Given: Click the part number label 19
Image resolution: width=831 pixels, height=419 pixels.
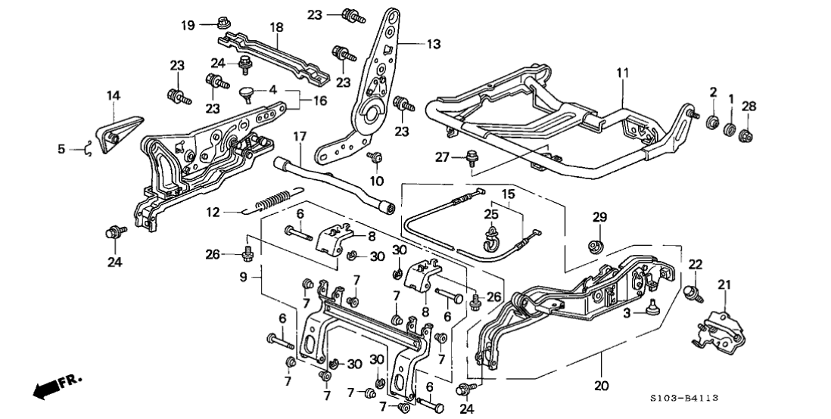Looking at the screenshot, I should (188, 25).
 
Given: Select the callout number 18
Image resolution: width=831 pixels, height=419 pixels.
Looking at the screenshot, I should (277, 27).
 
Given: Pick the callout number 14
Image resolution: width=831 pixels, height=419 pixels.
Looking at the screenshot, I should (113, 95).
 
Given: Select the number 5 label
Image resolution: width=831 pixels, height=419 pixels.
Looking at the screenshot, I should (61, 149).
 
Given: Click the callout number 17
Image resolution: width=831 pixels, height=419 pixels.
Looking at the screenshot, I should (299, 138).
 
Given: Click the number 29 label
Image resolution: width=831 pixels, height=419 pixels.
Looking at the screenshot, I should (599, 218).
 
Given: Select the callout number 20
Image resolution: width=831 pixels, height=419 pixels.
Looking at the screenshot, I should (602, 385).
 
